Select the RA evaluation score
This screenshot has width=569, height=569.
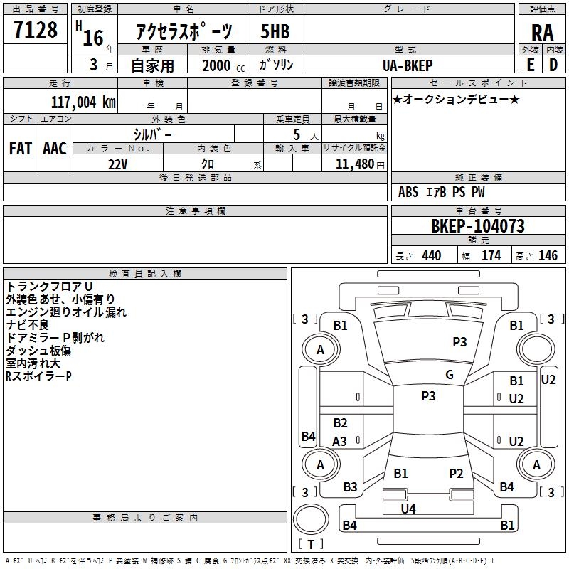point(542,32)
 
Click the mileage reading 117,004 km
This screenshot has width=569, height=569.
point(83,102)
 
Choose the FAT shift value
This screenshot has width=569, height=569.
point(21,148)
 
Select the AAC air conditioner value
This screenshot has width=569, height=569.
point(55,148)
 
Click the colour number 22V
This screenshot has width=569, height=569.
point(118,163)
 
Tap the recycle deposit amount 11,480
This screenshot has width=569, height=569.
point(353,163)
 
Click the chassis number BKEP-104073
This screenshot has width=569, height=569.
point(478,226)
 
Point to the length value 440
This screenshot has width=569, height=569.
point(431,256)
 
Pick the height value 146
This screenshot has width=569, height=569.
point(548,256)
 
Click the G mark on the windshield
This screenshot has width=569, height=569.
point(450,375)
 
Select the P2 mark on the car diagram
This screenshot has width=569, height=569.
point(456,473)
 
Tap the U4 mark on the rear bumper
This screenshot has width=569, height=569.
point(408,509)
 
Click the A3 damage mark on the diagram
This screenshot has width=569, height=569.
point(340,441)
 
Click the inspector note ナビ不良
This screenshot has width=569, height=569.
point(26,324)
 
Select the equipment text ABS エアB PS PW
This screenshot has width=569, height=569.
point(441,192)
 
